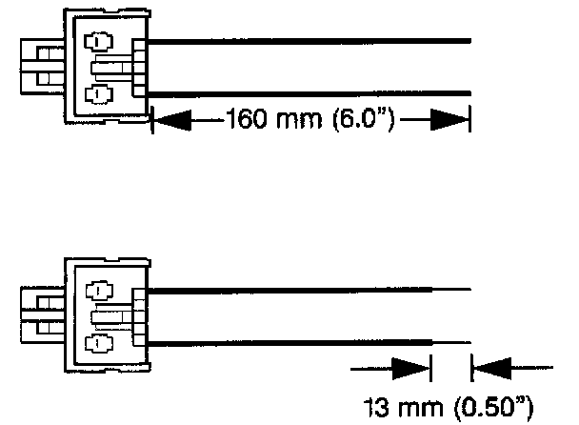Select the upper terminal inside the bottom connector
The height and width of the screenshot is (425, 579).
[x=97, y=291]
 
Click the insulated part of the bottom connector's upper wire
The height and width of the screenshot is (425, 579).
[x=286, y=288]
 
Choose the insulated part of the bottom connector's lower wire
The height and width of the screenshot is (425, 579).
[x=286, y=340]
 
